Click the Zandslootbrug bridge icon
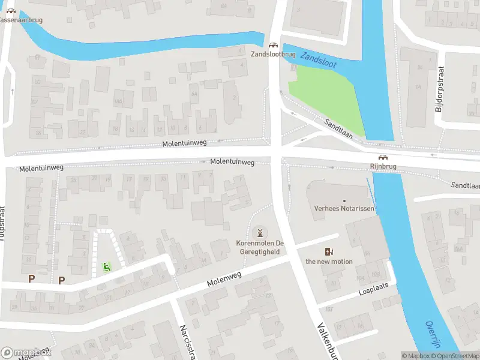click(x=273, y=45)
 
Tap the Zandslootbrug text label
click(x=273, y=55)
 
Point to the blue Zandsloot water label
click(x=319, y=59)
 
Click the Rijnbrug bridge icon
click(x=383, y=158)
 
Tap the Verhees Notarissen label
click(x=344, y=209)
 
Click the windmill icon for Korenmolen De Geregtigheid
click(x=260, y=232)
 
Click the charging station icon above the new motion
click(x=329, y=252)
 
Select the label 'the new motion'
click(x=329, y=262)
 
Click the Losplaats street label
click(x=370, y=289)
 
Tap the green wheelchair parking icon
click(x=107, y=266)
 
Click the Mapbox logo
click(x=26, y=353)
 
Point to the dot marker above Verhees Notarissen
click(x=344, y=201)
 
